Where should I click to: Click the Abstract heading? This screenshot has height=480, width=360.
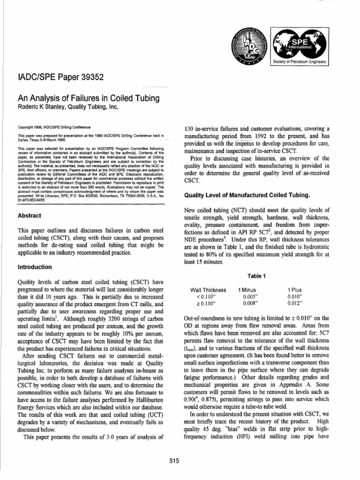(x=30, y=216)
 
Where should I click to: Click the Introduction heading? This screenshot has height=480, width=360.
(x=34, y=267)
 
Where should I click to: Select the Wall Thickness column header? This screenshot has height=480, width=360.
(x=208, y=290)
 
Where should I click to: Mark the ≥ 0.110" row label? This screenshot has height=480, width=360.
(x=208, y=303)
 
